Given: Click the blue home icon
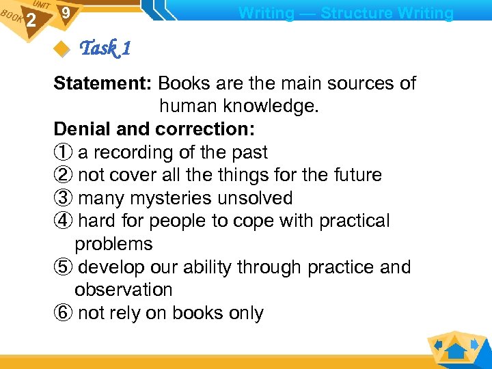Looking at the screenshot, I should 456,349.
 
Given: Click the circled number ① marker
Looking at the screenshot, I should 63,152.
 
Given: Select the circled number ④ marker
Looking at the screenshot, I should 63,221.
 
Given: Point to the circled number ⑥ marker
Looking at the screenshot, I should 63,314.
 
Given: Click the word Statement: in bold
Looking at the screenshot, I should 103,83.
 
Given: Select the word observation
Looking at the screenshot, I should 124,290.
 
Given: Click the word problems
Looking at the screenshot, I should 113,244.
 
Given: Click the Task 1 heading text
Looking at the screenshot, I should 105,49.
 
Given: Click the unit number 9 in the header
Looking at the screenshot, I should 65,13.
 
